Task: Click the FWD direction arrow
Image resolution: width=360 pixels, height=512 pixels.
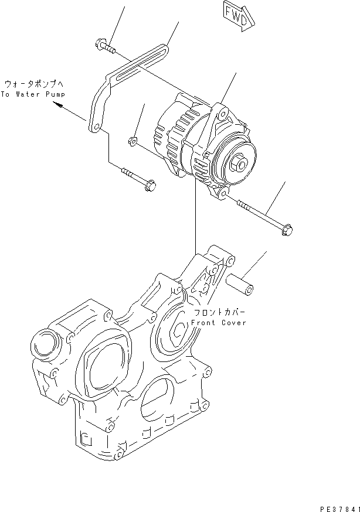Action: (x=239, y=15)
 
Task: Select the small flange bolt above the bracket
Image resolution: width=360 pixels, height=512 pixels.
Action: (x=101, y=45)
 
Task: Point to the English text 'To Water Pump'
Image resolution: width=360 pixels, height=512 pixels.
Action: (x=33, y=94)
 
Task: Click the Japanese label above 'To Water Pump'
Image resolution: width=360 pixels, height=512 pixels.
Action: (x=33, y=83)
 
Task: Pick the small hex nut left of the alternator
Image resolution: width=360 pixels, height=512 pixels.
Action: (x=133, y=141)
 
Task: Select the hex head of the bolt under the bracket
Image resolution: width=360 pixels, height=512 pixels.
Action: (x=148, y=186)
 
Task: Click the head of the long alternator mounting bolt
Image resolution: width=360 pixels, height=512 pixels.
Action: (x=287, y=232)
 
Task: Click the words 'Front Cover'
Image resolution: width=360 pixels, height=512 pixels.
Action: (x=218, y=323)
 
